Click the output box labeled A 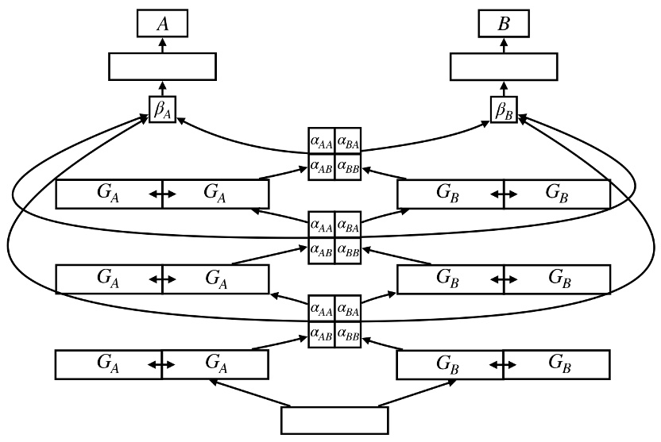point(162,25)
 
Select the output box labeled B point(504,25)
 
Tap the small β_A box point(162,110)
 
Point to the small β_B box point(504,110)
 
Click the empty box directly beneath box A point(162,67)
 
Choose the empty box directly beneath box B point(504,67)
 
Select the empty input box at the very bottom point(335,420)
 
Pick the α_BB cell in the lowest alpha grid point(348,336)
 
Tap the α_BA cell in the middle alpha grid point(348,226)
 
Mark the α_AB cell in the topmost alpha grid point(322,167)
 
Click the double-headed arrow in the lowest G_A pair point(162,364)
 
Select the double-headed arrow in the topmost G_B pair point(504,194)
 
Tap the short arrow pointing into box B point(504,45)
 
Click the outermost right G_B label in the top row point(558,193)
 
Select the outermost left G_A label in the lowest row point(108,363)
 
